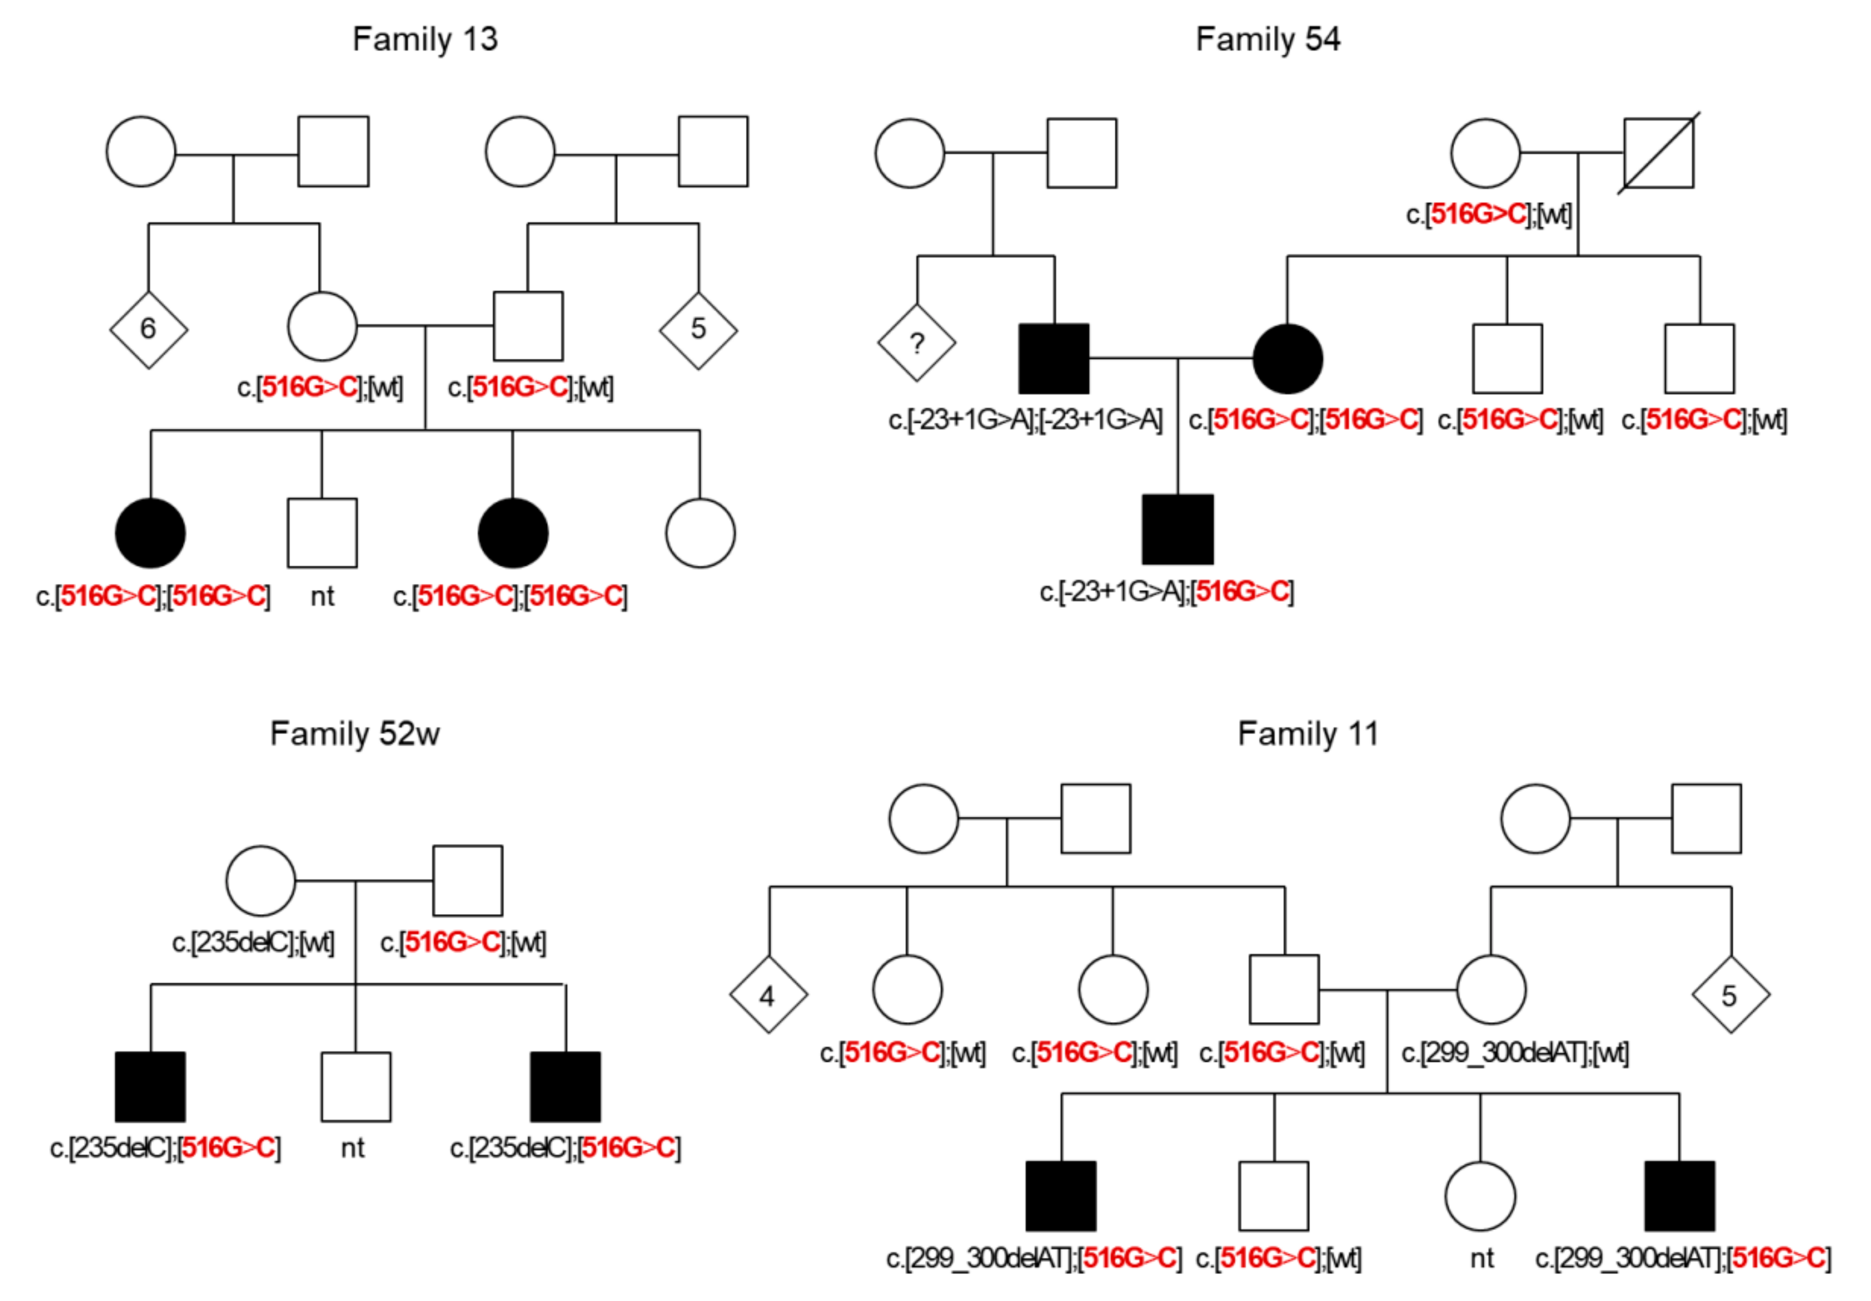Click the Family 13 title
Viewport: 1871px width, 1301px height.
[424, 39]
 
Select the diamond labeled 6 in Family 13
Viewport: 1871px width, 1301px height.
[148, 329]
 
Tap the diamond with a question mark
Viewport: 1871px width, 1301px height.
[916, 343]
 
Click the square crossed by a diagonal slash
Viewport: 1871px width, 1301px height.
[1659, 153]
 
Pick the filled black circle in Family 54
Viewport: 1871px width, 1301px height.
[1287, 358]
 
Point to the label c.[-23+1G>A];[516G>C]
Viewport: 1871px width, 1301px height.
[1166, 592]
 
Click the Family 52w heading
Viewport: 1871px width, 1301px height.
[354, 734]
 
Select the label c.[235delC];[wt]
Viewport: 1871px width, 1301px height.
[253, 943]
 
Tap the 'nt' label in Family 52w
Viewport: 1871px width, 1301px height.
[352, 1148]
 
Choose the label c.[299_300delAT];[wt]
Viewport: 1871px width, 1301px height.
[1515, 1053]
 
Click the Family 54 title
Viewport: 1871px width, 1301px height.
[1267, 39]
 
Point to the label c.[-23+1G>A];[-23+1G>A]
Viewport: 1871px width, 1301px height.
[1025, 420]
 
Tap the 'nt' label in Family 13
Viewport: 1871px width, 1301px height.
[322, 597]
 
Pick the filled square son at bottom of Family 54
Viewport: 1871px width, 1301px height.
[1177, 529]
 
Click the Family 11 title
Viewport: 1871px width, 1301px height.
[1307, 734]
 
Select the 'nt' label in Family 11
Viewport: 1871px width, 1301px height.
[1481, 1259]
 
